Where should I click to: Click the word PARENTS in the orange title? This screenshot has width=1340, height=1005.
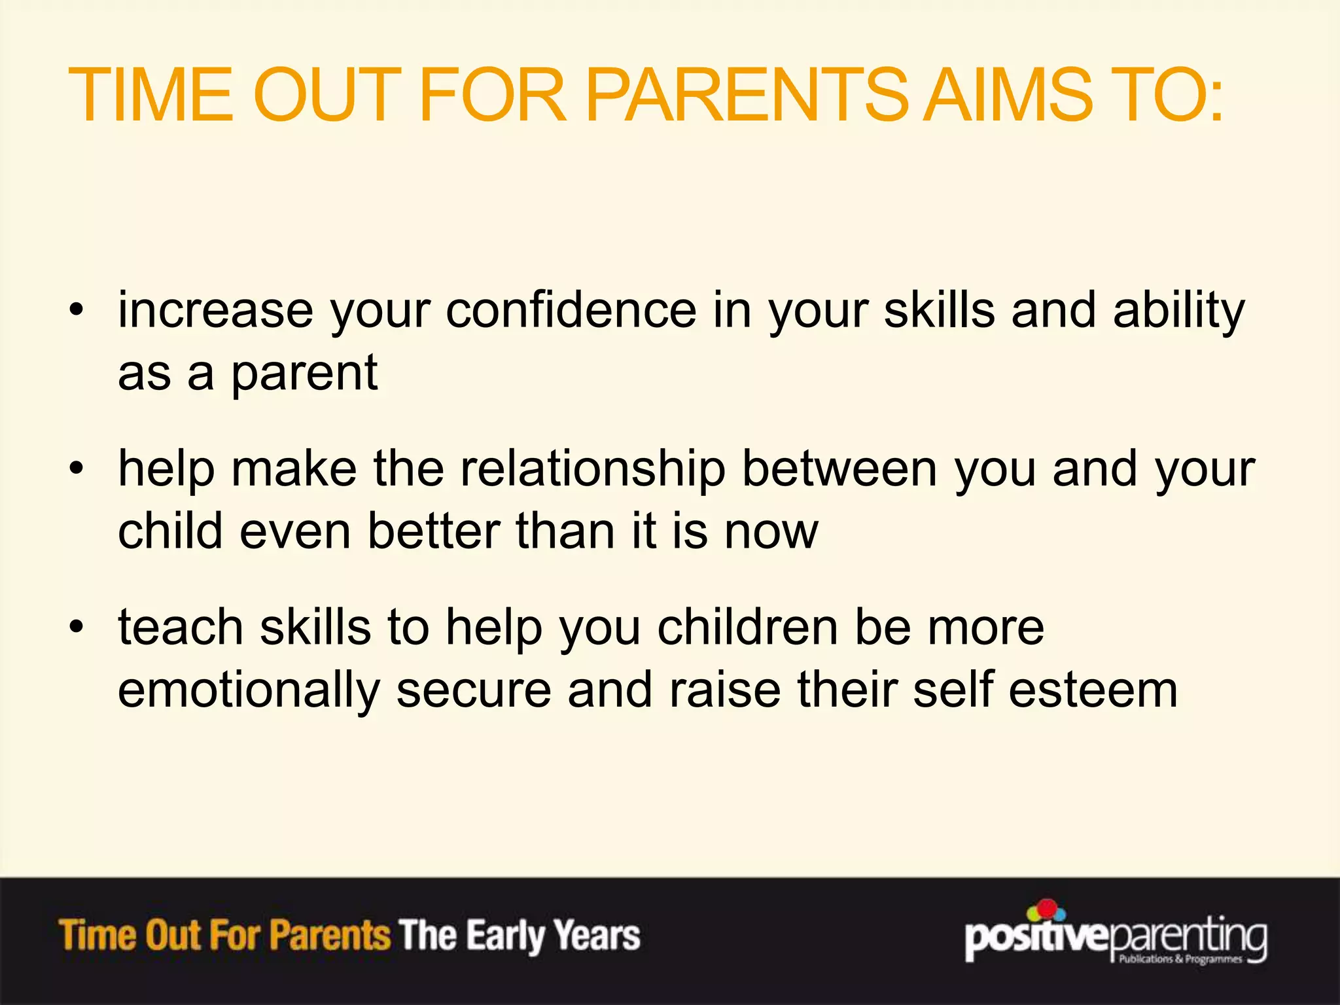tap(746, 96)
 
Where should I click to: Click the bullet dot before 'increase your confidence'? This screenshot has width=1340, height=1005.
tap(77, 309)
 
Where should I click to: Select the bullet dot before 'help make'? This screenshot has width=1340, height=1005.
tap(77, 468)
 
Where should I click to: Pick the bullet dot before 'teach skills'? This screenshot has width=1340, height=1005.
tap(77, 627)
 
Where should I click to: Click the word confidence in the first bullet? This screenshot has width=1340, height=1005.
tap(571, 309)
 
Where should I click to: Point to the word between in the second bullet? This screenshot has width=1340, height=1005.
tap(839, 468)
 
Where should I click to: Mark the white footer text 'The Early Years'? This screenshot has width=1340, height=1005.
tap(520, 935)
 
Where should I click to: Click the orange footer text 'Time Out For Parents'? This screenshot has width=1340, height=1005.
tap(224, 935)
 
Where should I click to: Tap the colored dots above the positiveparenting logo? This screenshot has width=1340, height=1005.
tap(1047, 910)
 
